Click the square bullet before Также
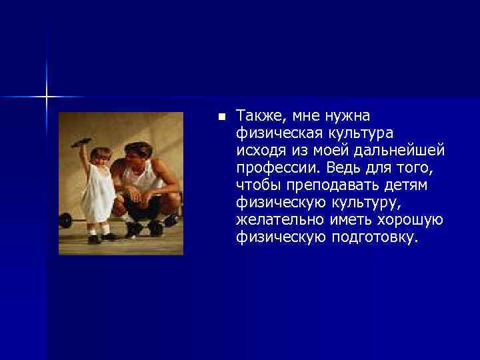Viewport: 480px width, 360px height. click(221, 117)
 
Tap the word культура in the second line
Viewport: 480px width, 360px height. click(361, 134)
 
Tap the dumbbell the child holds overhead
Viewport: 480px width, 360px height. click(77, 141)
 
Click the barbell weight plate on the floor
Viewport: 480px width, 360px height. click(65, 219)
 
